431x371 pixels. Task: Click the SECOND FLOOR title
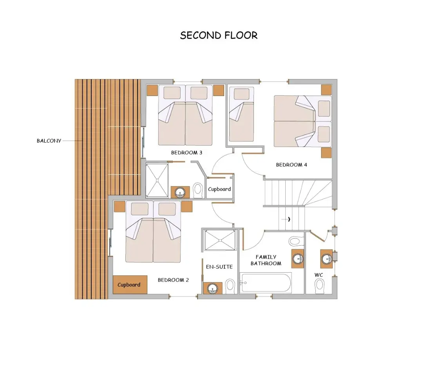click(219, 35)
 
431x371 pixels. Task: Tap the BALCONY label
click(49, 141)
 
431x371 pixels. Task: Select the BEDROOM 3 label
click(187, 152)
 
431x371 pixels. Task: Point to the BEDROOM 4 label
click(292, 165)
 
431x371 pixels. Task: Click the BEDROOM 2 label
click(173, 280)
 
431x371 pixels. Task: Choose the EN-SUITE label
click(219, 266)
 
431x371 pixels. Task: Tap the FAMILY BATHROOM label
click(266, 260)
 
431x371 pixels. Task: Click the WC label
click(319, 275)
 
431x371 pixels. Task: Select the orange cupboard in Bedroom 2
click(130, 285)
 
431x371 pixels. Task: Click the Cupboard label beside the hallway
click(219, 189)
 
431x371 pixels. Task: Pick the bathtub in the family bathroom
click(266, 283)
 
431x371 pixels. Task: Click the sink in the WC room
click(326, 259)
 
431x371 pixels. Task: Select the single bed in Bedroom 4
click(241, 114)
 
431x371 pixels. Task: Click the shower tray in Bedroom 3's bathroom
click(157, 181)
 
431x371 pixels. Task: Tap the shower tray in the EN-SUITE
click(220, 240)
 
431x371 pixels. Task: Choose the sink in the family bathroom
click(298, 259)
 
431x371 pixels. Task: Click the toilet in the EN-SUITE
click(230, 286)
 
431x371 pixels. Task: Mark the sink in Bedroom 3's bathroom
click(180, 192)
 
